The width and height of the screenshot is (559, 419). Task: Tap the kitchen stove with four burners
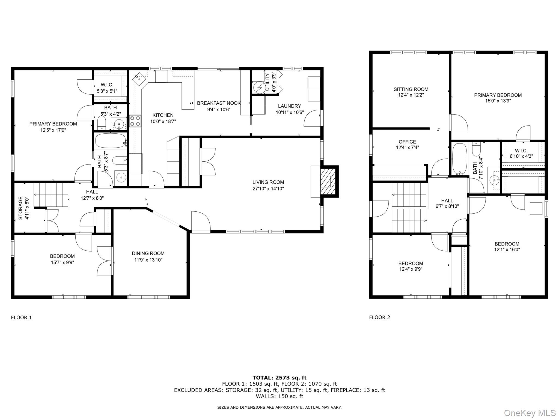(135, 121)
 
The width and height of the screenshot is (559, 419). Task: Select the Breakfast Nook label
(219, 103)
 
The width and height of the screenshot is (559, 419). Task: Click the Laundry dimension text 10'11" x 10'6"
(290, 112)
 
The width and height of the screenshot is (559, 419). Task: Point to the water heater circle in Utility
(258, 87)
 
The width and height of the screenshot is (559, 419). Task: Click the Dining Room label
(148, 253)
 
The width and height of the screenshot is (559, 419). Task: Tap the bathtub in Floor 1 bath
(110, 141)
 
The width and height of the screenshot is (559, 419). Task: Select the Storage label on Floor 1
(20, 208)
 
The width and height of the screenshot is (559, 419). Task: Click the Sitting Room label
(411, 89)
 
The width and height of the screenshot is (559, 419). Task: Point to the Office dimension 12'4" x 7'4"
(407, 148)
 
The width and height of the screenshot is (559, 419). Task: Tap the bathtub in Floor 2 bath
(460, 159)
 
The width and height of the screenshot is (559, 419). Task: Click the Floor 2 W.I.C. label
(521, 151)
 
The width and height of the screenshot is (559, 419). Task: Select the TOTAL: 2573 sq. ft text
(279, 378)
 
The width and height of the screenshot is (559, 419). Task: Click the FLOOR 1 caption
(21, 317)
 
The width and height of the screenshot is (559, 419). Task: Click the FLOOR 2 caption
(379, 317)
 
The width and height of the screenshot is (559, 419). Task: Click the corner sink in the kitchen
(139, 79)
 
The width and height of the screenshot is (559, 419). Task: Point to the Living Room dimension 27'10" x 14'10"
(268, 188)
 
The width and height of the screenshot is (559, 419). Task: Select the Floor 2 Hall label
(447, 200)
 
